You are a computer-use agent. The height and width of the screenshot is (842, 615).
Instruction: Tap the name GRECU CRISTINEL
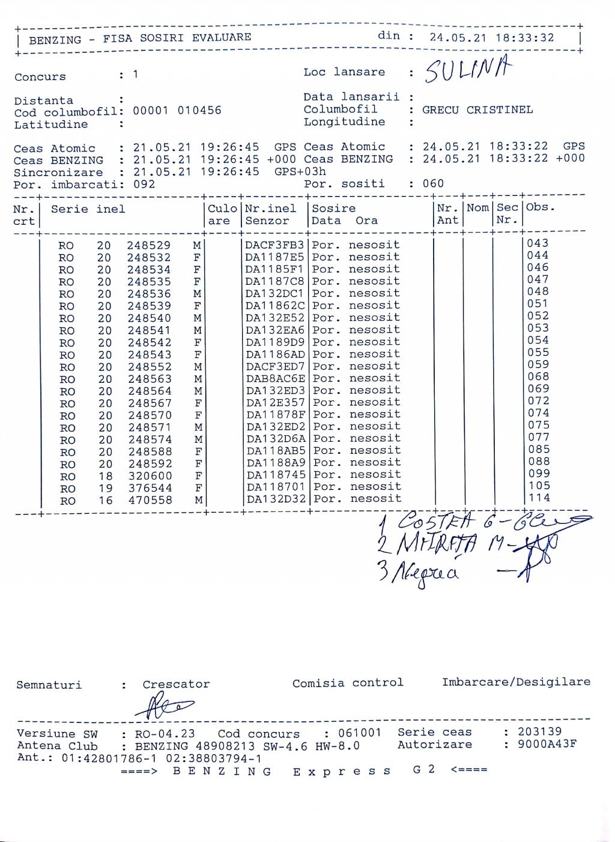pos(477,110)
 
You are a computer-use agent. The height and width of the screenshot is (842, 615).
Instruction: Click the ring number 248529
pos(148,246)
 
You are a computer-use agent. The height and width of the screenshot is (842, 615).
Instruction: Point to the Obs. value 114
pos(539,498)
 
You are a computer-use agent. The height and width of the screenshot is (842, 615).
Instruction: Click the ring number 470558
pos(150,500)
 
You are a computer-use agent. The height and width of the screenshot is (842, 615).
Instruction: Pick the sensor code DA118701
pos(276,487)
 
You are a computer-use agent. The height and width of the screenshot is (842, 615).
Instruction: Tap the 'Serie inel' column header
pos(88,209)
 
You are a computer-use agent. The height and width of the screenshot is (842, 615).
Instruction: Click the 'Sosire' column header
pos(333,209)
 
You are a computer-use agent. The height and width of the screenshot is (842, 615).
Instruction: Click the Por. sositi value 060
pos(433,183)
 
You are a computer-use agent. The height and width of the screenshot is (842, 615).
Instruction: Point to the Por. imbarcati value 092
pos(144,184)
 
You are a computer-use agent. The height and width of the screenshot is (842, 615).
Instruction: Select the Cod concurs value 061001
pos(359,733)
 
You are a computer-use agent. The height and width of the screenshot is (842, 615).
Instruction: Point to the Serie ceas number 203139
pos(539,731)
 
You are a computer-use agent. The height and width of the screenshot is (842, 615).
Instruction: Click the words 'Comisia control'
pos(348,683)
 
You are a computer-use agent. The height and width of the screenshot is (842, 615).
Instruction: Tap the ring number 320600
pos(150,476)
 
